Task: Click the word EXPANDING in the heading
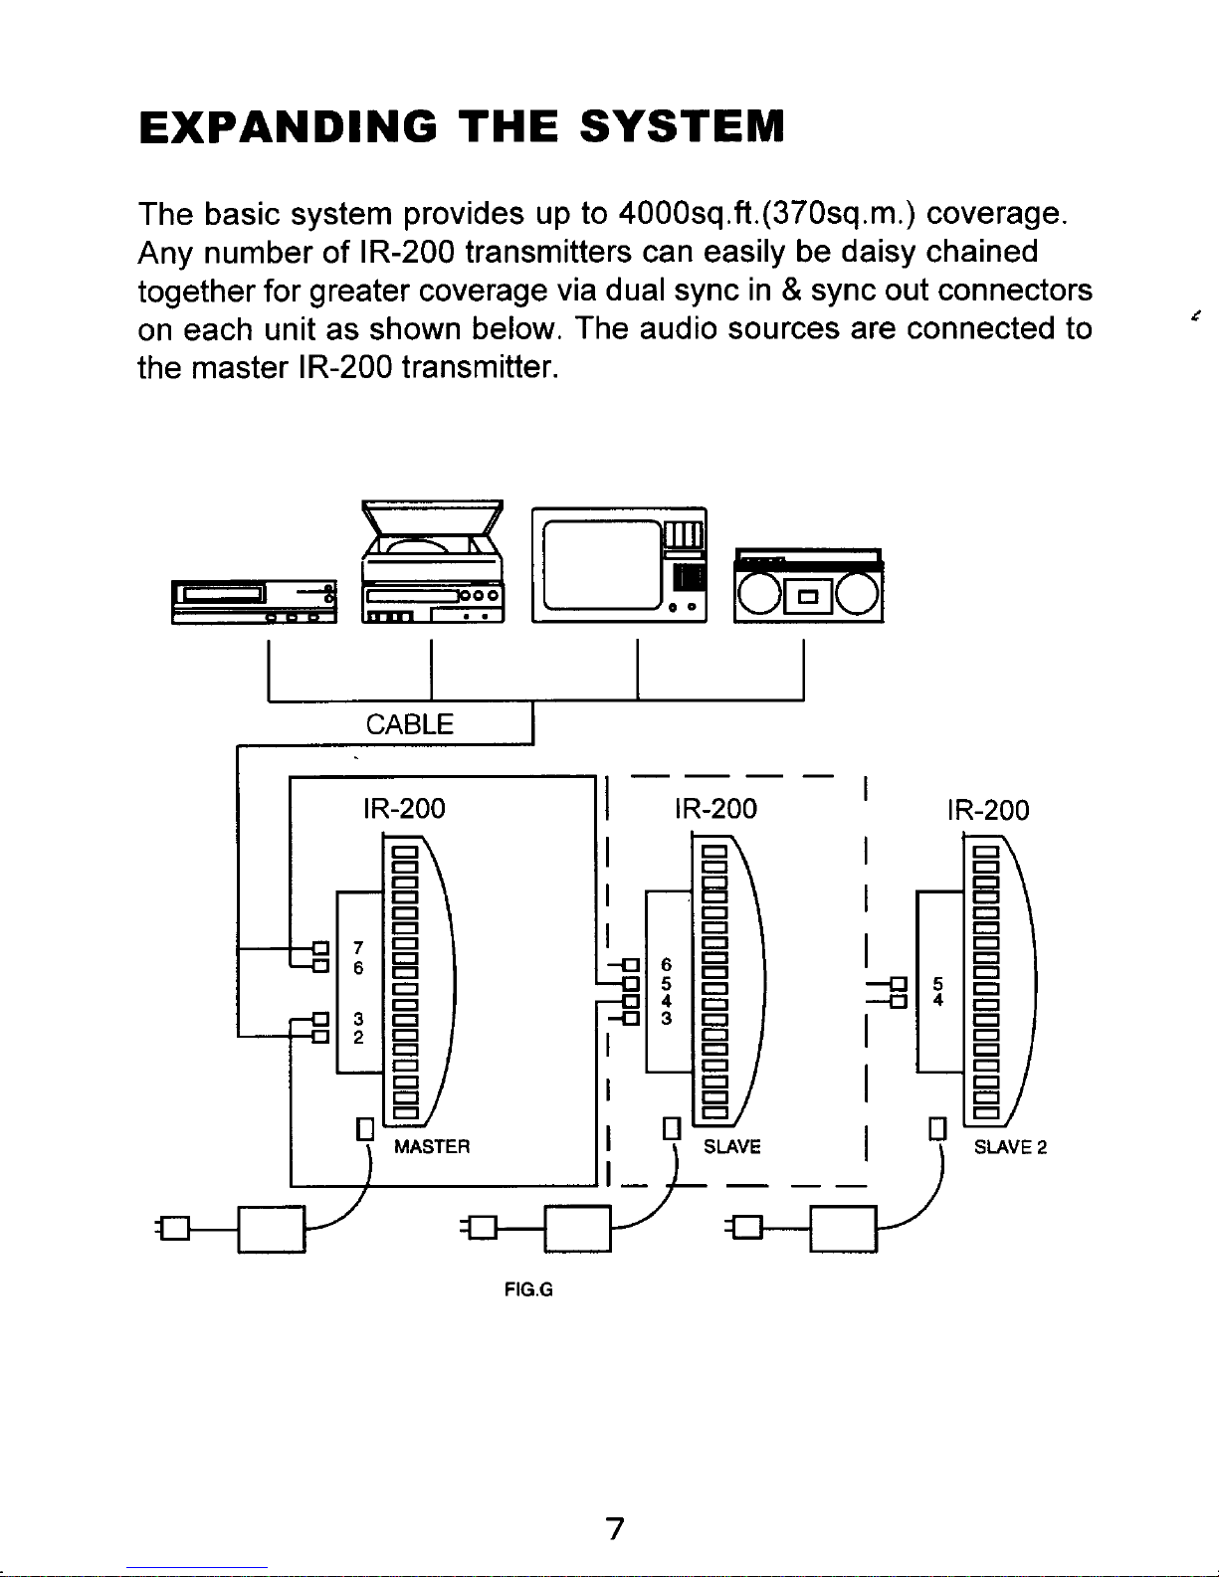pyautogui.click(x=288, y=127)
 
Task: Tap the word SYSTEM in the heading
pyautogui.click(x=682, y=127)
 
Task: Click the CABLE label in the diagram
pyautogui.click(x=409, y=724)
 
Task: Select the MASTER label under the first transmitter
pyautogui.click(x=432, y=1146)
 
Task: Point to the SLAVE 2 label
pyautogui.click(x=1010, y=1147)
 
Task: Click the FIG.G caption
pyautogui.click(x=528, y=1289)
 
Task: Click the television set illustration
pyautogui.click(x=619, y=564)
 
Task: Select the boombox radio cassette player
pyautogui.click(x=808, y=585)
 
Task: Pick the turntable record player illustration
pyautogui.click(x=433, y=561)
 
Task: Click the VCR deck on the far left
pyautogui.click(x=254, y=602)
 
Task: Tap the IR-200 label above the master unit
pyautogui.click(x=404, y=809)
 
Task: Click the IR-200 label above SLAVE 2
pyautogui.click(x=988, y=810)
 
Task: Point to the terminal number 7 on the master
pyautogui.click(x=357, y=948)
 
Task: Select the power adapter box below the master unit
pyautogui.click(x=272, y=1230)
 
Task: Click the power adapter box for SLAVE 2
pyautogui.click(x=843, y=1230)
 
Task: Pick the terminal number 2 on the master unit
pyautogui.click(x=357, y=1037)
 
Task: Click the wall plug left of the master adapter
pyautogui.click(x=173, y=1228)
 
